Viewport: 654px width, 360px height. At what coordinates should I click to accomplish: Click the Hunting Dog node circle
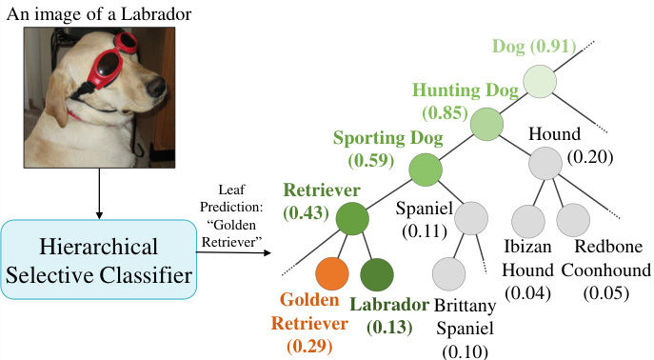(x=486, y=124)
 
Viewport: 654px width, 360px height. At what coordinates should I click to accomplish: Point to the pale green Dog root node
(x=539, y=79)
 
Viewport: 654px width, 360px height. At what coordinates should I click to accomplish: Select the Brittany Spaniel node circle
(x=448, y=274)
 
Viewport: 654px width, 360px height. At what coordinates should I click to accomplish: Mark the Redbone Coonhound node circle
(x=572, y=220)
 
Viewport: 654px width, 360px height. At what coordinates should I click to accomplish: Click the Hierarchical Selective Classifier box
(x=98, y=263)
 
